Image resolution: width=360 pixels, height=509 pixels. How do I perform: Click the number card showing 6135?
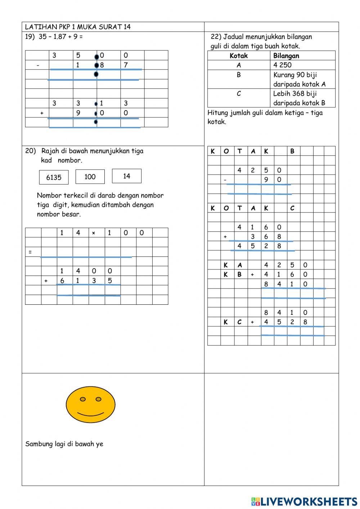[x=54, y=177]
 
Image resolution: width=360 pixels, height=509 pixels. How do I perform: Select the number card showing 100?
[x=90, y=177]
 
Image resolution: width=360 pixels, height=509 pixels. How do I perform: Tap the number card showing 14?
[x=127, y=176]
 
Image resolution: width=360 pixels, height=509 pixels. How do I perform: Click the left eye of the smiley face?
[x=83, y=399]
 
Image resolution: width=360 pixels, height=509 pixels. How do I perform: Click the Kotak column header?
[x=239, y=56]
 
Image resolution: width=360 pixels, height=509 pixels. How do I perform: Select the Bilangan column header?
[x=286, y=56]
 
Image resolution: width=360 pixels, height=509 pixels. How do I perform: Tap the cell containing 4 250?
[x=283, y=65]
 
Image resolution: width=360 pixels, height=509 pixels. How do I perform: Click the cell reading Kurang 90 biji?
[x=295, y=75]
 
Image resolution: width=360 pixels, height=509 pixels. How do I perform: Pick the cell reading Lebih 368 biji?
[x=295, y=94]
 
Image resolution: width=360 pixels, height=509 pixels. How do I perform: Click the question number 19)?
[x=30, y=36]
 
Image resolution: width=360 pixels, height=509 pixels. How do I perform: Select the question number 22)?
[x=216, y=37]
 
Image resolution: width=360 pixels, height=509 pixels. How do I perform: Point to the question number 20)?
[x=30, y=151]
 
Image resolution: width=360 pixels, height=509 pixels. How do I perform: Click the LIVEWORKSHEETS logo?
[x=304, y=501]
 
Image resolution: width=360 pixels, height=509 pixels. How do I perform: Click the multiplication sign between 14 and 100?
[x=94, y=233]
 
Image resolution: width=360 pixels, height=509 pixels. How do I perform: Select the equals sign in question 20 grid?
[x=30, y=252]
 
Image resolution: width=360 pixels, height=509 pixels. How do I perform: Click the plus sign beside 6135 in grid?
[x=46, y=281]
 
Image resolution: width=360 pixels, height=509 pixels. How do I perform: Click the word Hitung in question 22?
[x=218, y=113]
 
